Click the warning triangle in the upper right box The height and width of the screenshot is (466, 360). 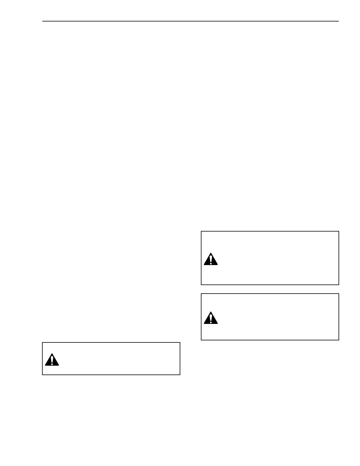coord(211,259)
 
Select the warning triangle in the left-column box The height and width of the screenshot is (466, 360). coord(52,360)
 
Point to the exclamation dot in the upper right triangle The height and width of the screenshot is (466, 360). coord(211,263)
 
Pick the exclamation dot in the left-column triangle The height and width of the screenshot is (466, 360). coord(52,364)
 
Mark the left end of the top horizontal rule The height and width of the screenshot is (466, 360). coord(42,21)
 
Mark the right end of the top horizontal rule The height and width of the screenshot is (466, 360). coord(339,21)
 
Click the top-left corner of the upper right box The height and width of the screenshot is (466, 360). coord(201,232)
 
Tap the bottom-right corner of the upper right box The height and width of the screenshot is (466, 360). coord(339,284)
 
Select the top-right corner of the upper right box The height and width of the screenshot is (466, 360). coord(339,232)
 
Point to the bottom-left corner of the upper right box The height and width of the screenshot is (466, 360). coord(201,284)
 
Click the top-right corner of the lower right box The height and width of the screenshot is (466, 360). coord(339,294)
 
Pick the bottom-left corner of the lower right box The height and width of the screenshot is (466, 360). coord(201,340)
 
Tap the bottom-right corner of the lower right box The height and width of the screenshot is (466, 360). coord(339,340)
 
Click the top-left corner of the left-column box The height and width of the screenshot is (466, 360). coord(42,342)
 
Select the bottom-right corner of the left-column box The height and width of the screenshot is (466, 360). coord(180,375)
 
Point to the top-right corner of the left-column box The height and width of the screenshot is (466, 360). coord(180,342)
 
